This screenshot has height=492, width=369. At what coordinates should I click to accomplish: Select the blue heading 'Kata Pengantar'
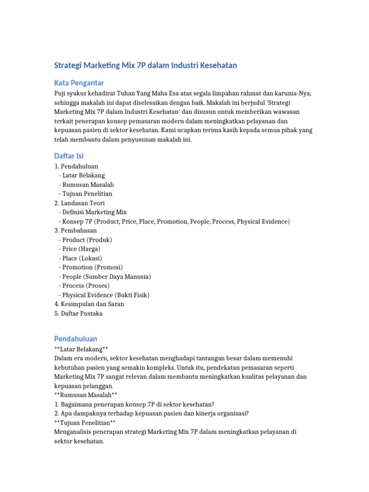(x=79, y=83)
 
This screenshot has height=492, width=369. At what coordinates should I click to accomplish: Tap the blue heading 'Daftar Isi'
(x=69, y=156)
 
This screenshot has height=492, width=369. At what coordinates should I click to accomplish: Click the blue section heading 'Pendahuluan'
(x=75, y=339)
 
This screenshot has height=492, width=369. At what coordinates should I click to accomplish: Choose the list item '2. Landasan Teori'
(x=79, y=203)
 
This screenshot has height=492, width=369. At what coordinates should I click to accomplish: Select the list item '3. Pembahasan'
(x=75, y=230)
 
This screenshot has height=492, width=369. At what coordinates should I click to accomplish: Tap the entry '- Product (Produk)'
(x=85, y=239)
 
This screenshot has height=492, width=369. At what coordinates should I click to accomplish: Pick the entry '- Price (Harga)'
(x=79, y=249)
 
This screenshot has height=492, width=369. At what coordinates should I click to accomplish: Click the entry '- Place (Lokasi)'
(x=80, y=258)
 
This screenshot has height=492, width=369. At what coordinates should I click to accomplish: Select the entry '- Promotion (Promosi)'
(x=90, y=267)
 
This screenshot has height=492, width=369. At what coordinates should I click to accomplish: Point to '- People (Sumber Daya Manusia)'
(x=104, y=276)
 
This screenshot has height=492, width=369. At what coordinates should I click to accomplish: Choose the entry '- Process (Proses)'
(x=84, y=285)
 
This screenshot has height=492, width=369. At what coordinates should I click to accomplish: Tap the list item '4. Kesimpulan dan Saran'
(x=89, y=304)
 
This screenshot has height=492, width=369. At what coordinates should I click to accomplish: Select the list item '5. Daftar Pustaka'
(x=78, y=313)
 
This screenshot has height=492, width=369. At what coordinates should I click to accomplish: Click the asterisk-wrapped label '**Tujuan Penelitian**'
(x=85, y=422)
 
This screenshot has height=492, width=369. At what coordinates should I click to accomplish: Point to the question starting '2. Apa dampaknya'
(x=151, y=413)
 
